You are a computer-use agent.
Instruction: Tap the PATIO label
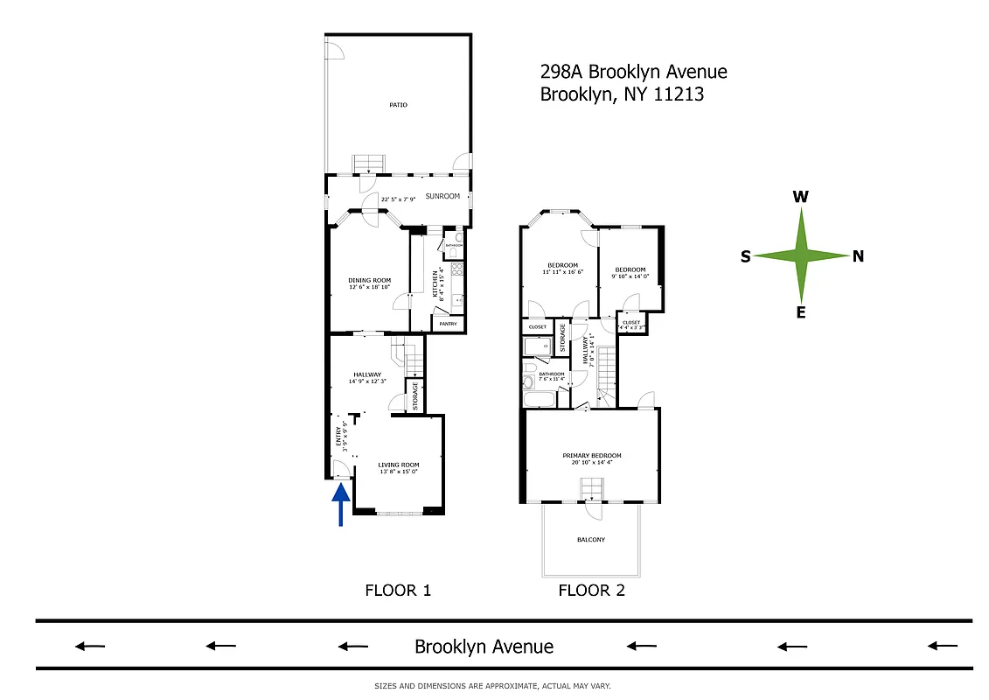tap(399, 105)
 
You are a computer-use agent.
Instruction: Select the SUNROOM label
tap(442, 197)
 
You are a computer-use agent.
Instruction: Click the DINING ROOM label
tap(369, 280)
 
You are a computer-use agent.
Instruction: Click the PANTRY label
tap(448, 324)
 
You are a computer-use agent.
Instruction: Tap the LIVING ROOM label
tap(399, 465)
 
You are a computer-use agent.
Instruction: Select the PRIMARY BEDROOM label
tap(592, 456)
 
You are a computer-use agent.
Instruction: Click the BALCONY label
tap(591, 539)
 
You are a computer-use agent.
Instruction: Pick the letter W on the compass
tap(800, 198)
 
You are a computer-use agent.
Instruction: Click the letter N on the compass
tap(859, 256)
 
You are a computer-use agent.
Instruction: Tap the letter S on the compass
tap(745, 256)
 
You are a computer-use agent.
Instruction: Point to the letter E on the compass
tap(800, 312)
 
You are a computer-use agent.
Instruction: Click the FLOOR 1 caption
tap(398, 591)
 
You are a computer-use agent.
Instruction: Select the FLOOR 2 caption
tap(592, 591)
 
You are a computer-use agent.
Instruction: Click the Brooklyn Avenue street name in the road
tap(484, 647)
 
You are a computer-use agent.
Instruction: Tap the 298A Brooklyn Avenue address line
tap(634, 72)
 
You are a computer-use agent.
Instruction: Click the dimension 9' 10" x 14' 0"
tap(630, 276)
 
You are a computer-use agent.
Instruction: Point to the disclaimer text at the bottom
tap(492, 686)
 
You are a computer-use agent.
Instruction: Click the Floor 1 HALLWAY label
tap(367, 374)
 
